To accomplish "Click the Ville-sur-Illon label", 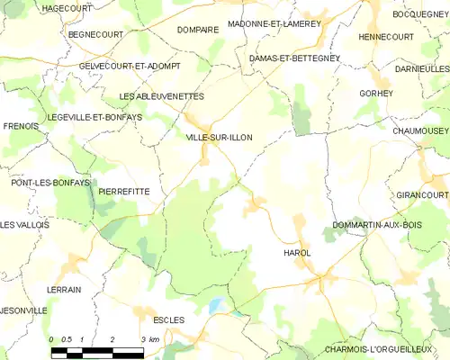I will tap(219, 137).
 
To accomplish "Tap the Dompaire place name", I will tap(198, 29).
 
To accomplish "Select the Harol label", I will tap(296, 253).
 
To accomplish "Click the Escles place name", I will tap(168, 319).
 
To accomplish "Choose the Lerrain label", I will tap(64, 289).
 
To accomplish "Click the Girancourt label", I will tap(421, 194).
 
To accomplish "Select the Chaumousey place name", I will tap(419, 130).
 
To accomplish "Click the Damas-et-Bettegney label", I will tap(293, 58).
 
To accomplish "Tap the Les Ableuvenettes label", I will tap(162, 96).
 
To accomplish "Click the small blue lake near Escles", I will tap(215, 305).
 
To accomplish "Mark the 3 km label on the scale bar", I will tap(150, 339).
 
